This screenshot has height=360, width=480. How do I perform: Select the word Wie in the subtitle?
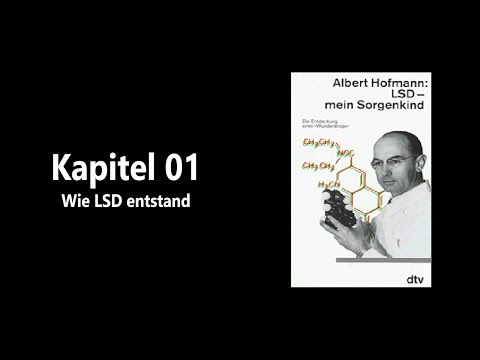76,201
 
